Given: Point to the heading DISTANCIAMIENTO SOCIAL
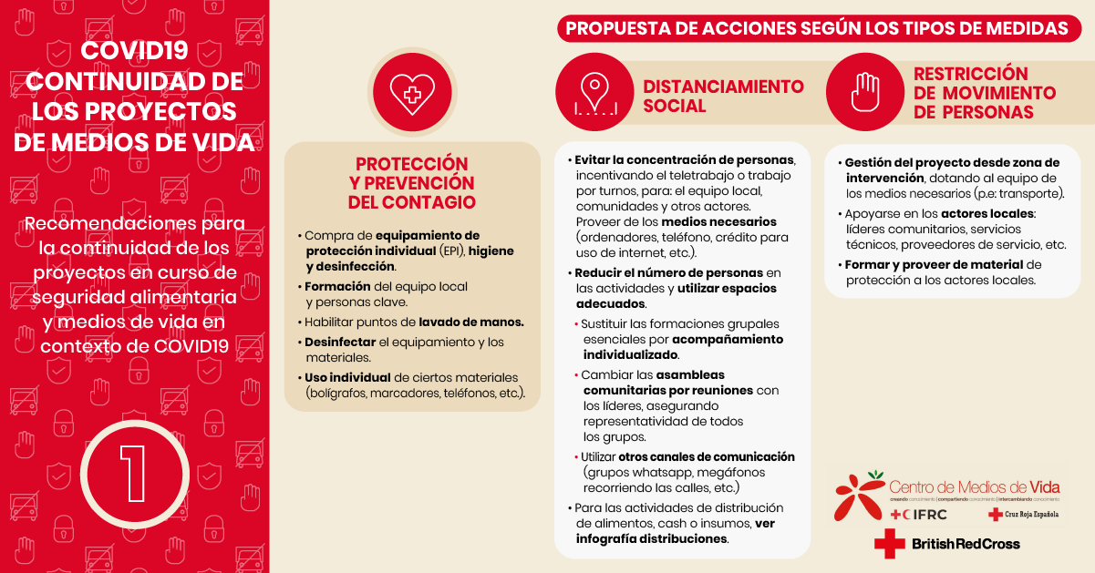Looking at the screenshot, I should point(723,96).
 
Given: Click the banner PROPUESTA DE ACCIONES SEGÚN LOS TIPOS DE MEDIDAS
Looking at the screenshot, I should point(816,28).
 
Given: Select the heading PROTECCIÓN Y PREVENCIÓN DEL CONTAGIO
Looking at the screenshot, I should point(411,182).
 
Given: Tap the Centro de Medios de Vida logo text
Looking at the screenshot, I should point(974,486).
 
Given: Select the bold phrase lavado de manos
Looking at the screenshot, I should point(471,322).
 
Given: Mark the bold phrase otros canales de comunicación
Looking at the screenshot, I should point(707,456).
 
